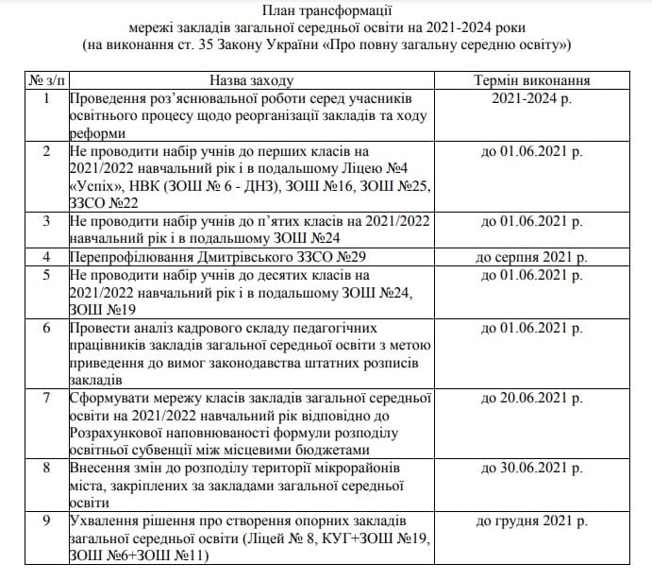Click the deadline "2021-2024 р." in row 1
pos(536,98)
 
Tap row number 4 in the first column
pos(46,257)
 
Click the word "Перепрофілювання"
pos(131,258)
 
